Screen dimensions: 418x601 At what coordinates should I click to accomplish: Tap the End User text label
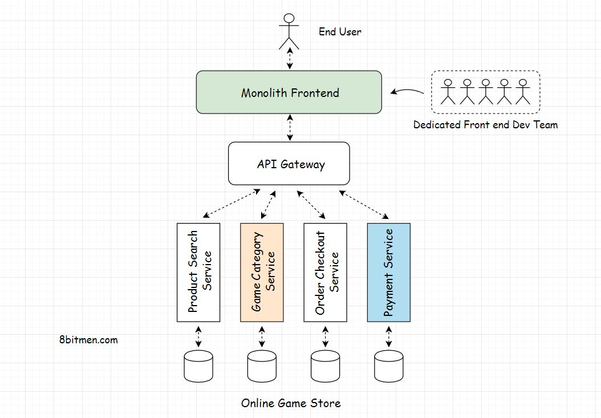click(x=340, y=32)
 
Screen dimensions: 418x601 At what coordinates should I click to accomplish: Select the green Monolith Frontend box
click(x=289, y=92)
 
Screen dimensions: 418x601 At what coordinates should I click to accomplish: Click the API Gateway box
click(x=289, y=164)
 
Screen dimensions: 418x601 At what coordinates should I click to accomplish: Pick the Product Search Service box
click(x=198, y=272)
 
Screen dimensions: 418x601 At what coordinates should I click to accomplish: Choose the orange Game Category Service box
click(x=262, y=272)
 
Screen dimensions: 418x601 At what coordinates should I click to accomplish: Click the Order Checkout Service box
click(x=325, y=272)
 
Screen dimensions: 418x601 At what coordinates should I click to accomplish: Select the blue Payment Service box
click(x=388, y=272)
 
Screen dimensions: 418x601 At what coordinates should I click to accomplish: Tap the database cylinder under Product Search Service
click(x=198, y=366)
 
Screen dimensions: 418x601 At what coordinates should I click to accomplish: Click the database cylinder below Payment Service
click(x=388, y=366)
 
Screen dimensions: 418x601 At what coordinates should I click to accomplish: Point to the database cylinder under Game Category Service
click(x=262, y=366)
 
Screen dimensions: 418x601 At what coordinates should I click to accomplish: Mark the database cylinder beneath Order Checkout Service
click(x=325, y=366)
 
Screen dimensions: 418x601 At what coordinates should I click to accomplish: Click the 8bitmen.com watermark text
click(x=88, y=340)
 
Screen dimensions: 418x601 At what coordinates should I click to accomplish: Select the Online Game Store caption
click(x=291, y=403)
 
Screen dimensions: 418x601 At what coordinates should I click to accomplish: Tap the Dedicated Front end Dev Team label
click(x=485, y=124)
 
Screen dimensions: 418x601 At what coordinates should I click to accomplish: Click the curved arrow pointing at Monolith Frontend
click(x=407, y=90)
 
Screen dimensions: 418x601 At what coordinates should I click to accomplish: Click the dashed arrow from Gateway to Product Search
click(x=232, y=204)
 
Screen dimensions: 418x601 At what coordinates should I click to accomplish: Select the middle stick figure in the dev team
click(x=485, y=91)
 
